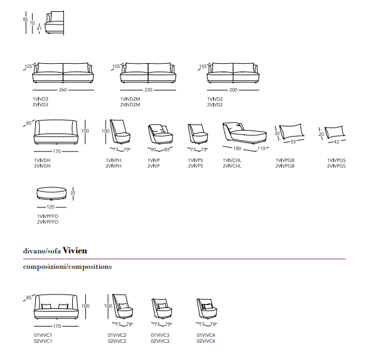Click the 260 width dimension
tap(63, 90)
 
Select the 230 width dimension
tap(149, 90)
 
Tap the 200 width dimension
tap(233, 90)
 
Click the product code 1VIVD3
tap(41, 99)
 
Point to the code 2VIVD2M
tap(130, 105)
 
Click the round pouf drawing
tap(51, 194)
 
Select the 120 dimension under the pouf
tap(51, 207)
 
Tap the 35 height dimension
tap(73, 193)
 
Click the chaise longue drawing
tap(245, 133)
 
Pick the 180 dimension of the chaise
tap(237, 148)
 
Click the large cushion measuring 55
tap(292, 131)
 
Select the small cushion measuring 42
tap(335, 132)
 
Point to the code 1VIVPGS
tap(336, 160)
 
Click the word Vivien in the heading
tap(75, 250)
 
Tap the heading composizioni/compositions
tap(67, 266)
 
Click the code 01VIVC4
tap(206, 335)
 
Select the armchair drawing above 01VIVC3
tap(162, 309)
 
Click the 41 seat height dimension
tap(39, 29)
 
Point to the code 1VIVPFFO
tap(48, 216)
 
